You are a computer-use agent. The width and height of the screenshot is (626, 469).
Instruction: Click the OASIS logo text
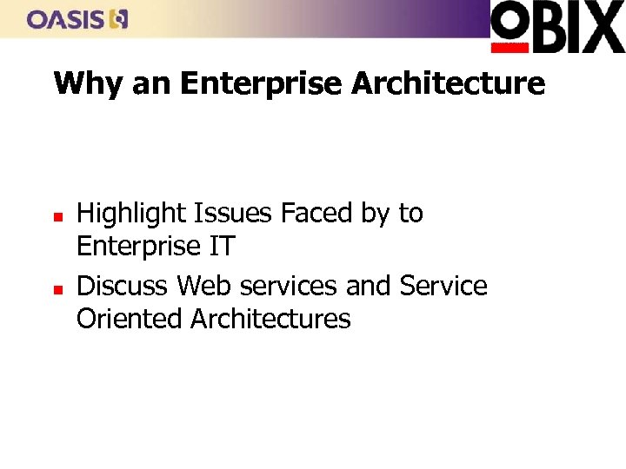[64, 19]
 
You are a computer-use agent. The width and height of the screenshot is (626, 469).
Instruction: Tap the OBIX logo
[557, 27]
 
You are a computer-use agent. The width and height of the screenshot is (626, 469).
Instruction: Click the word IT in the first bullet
[221, 247]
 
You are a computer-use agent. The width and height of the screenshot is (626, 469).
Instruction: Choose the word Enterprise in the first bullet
[138, 248]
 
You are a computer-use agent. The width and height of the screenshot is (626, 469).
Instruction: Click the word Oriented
[130, 320]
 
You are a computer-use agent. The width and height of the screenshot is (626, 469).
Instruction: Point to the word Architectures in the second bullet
[270, 320]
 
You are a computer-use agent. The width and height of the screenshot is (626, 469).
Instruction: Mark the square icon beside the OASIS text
[119, 19]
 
